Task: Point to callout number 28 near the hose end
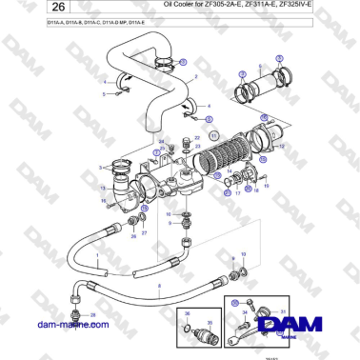coord(92,314)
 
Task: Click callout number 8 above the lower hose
coord(159,286)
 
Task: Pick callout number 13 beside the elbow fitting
coord(102,189)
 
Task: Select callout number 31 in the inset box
coord(283,311)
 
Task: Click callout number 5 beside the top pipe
coord(104,94)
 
